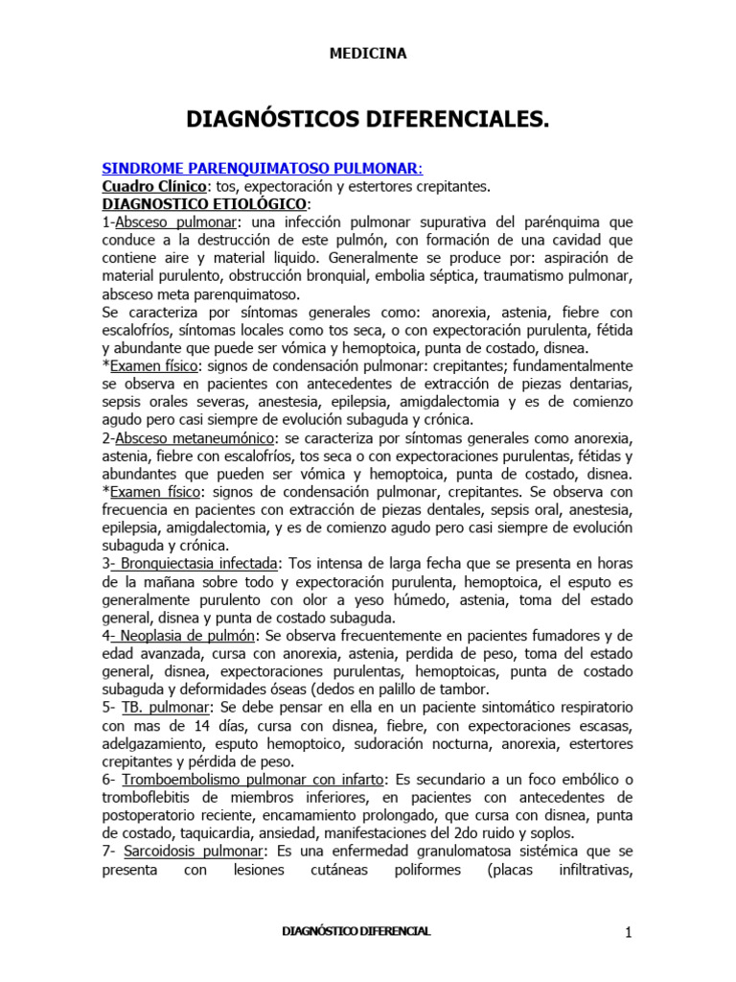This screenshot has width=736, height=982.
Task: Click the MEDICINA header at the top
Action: (368, 54)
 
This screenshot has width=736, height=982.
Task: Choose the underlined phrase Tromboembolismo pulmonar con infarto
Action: (251, 780)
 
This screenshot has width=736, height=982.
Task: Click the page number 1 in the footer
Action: (629, 932)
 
